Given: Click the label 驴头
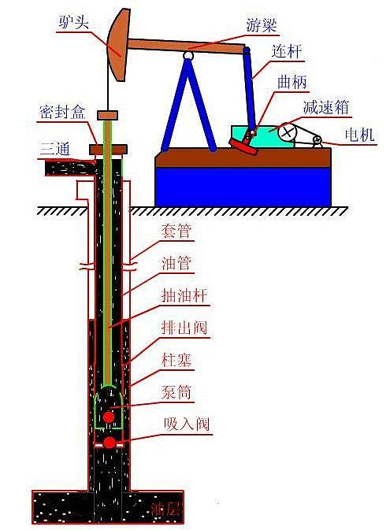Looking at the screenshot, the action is coord(73,22).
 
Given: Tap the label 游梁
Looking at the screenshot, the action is coord(261,25).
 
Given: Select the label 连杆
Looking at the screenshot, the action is coord(286,51).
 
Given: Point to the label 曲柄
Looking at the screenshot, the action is coord(292,82).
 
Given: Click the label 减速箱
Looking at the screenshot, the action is coord(325,107).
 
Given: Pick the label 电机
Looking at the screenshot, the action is coord(360,135).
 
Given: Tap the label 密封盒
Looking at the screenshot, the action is coord(62,112).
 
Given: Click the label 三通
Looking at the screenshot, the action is coord(55,148).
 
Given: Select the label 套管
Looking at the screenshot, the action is coord(176,231).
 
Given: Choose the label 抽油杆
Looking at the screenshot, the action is coord(184,296).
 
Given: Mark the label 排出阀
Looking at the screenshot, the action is coord(184,328).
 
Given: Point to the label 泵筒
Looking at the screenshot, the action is coord(176,392).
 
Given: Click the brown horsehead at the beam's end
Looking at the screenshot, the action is coord(119,45).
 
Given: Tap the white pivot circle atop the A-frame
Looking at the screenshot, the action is coord(188,55).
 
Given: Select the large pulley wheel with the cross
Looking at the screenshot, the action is coord(287,132).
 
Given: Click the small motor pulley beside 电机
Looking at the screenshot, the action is coord(318,140).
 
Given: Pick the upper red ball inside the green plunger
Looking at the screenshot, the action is coord(109,417).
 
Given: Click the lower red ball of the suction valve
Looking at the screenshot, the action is coord(110,443).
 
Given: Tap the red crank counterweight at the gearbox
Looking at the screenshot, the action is coord(243,146).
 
